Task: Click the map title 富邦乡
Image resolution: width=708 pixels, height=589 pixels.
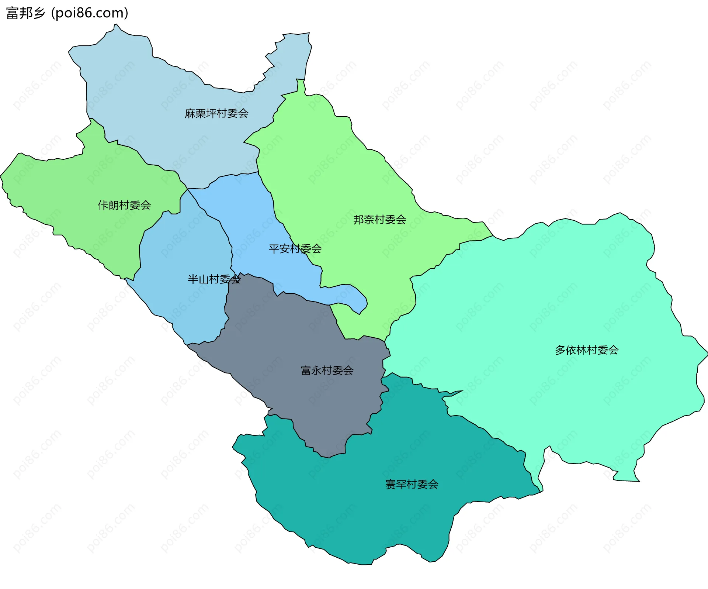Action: tap(25, 13)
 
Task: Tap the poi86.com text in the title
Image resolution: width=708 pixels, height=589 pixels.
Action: tap(90, 13)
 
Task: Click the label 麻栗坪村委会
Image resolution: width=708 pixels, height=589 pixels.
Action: tap(216, 113)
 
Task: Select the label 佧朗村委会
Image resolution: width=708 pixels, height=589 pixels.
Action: tap(124, 205)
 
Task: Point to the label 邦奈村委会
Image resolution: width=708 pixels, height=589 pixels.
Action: tap(380, 220)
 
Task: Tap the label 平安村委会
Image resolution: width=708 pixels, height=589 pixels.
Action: tap(295, 249)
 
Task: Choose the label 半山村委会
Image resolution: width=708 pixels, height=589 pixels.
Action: tap(214, 279)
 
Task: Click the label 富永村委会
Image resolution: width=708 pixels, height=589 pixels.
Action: tap(327, 370)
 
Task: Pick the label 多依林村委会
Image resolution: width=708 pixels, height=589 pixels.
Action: tap(587, 350)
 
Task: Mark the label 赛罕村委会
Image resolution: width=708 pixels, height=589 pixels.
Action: tap(412, 484)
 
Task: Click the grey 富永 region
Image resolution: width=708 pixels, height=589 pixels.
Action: tap(295, 340)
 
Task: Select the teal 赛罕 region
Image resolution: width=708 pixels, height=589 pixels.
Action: tap(350, 509)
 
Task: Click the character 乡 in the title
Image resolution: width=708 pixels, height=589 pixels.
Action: tap(38, 13)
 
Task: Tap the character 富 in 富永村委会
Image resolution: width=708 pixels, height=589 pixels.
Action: tap(306, 370)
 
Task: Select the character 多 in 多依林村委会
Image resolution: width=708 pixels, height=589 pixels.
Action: tap(560, 350)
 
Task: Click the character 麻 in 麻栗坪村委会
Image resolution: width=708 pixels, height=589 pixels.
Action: tap(190, 113)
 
